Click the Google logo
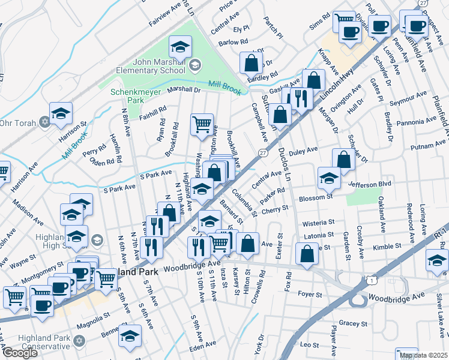pyautogui.click(x=19, y=353)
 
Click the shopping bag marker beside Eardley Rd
pyautogui.click(x=252, y=62)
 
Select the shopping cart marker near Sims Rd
pyautogui.click(x=344, y=21)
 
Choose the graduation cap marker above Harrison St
pyautogui.click(x=61, y=113)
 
